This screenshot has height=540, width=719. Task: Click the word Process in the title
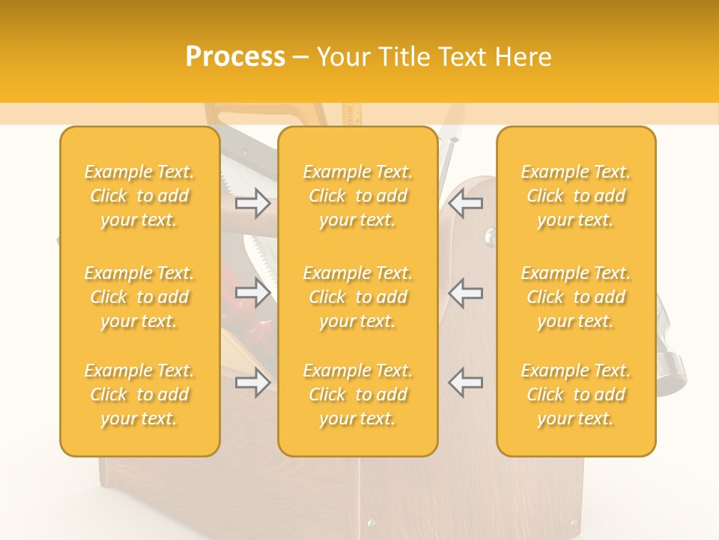pyautogui.click(x=235, y=57)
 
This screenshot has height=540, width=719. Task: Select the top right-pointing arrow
pyautogui.click(x=252, y=202)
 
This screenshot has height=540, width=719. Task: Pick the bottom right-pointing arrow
pyautogui.click(x=252, y=382)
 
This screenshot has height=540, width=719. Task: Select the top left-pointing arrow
pyautogui.click(x=466, y=202)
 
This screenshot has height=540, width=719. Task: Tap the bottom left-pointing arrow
pyautogui.click(x=466, y=382)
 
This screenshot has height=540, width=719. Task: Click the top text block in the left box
pyautogui.click(x=139, y=196)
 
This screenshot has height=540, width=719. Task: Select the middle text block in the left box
pyautogui.click(x=139, y=297)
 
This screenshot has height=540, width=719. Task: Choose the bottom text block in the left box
pyautogui.click(x=139, y=394)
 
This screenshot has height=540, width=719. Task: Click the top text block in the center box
pyautogui.click(x=358, y=196)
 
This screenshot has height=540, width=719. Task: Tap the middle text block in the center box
pyautogui.click(x=358, y=297)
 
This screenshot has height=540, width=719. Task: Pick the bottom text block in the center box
pyautogui.click(x=358, y=394)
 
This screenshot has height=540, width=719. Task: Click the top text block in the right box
pyautogui.click(x=576, y=196)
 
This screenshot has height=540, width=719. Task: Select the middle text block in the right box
pyautogui.click(x=576, y=297)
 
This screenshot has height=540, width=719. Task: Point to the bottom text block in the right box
pyautogui.click(x=576, y=394)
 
